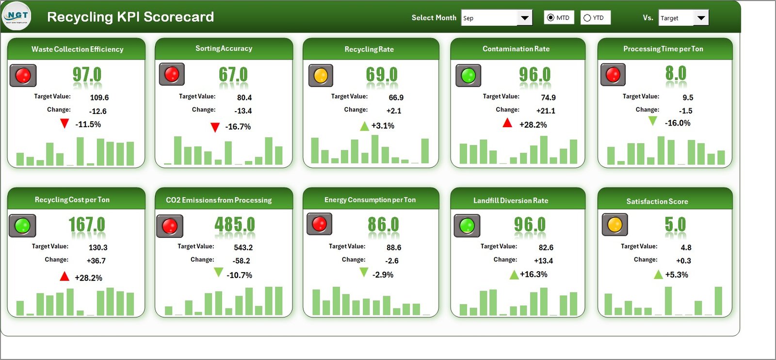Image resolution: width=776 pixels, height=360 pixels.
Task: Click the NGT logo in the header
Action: (x=17, y=16)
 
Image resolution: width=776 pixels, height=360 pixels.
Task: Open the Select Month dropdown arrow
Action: (x=524, y=18)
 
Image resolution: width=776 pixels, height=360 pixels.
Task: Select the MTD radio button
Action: (x=550, y=17)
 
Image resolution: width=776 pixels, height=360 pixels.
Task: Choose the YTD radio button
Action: (x=587, y=18)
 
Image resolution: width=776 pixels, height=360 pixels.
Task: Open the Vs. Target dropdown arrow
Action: (x=701, y=18)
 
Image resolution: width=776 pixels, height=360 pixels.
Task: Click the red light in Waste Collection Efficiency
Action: (x=23, y=76)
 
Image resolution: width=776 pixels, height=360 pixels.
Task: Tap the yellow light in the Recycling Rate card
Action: (x=321, y=76)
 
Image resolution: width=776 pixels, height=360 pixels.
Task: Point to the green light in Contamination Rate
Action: (x=468, y=76)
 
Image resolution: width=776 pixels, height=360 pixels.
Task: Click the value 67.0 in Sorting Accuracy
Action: (x=233, y=75)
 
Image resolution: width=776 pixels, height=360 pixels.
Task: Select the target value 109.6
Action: (x=99, y=98)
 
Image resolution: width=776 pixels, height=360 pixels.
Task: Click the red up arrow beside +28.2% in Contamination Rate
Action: (x=507, y=123)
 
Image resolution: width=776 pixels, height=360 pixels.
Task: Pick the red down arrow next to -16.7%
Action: (x=215, y=128)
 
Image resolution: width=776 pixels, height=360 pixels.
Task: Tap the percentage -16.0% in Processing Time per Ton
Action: (x=678, y=123)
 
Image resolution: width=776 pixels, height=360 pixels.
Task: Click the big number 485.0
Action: (x=234, y=225)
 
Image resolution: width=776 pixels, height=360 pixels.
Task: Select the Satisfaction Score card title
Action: (x=657, y=201)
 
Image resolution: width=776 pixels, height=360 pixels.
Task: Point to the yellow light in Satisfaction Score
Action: (x=614, y=225)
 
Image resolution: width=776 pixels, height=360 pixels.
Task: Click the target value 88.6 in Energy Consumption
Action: (x=394, y=247)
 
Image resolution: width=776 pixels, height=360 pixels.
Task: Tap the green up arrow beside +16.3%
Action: (x=514, y=275)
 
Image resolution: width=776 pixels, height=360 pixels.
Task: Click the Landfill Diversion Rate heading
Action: (x=511, y=200)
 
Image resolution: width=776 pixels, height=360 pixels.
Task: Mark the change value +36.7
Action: (x=96, y=261)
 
